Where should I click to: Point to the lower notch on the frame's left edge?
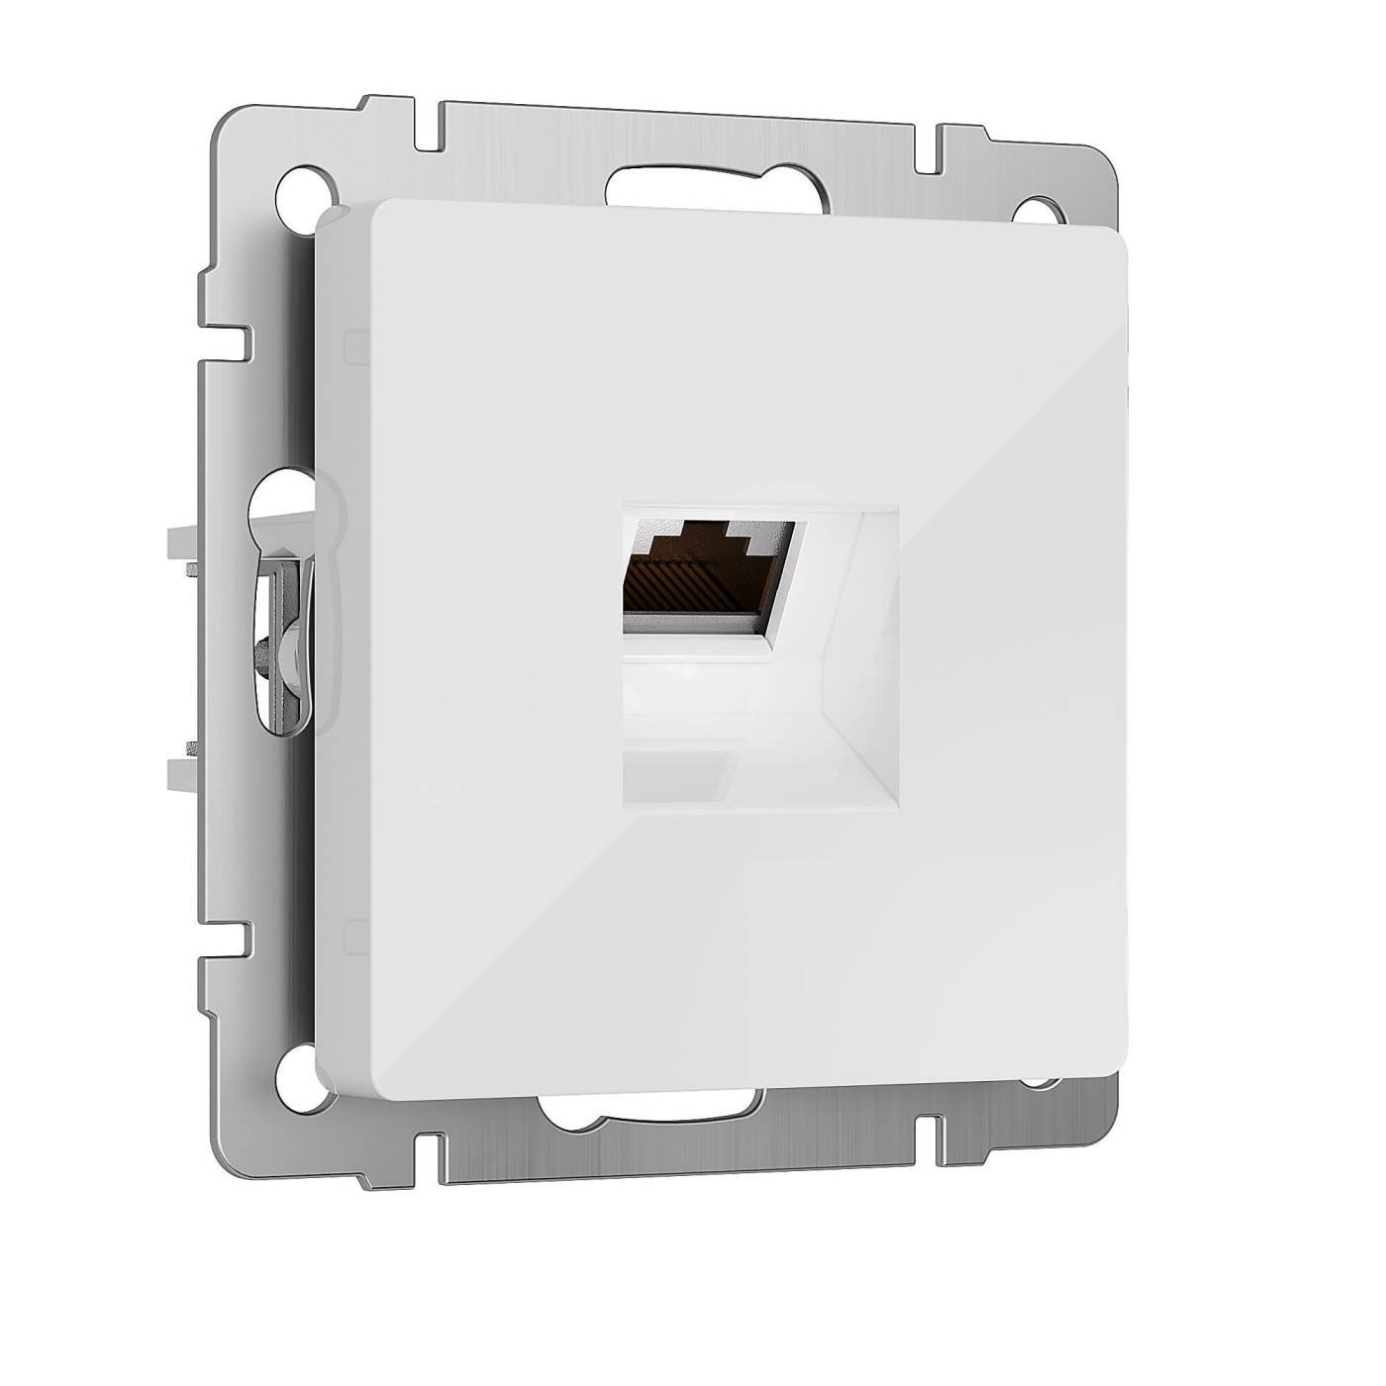click(232, 941)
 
